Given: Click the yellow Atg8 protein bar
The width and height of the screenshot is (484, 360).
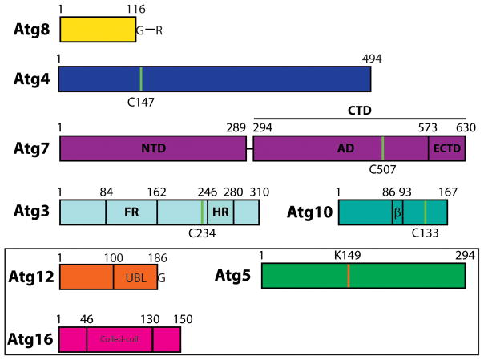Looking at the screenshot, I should coord(98,30).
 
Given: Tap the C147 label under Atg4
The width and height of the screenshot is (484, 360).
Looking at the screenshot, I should coord(141,102).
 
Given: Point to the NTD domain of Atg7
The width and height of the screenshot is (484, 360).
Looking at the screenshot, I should coord(153,149).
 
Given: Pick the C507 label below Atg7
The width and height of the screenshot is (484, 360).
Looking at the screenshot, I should coord(384,170).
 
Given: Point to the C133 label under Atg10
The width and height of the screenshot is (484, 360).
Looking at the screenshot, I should coord(426,234).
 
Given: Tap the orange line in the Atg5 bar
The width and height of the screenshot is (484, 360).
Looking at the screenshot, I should coord(349,277).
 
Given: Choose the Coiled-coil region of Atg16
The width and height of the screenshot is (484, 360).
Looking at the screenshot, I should coord(119,339).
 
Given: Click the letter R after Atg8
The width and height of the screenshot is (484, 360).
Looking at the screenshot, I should coord(159,30).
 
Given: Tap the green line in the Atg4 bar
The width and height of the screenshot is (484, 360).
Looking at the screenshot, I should coord(141,79).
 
